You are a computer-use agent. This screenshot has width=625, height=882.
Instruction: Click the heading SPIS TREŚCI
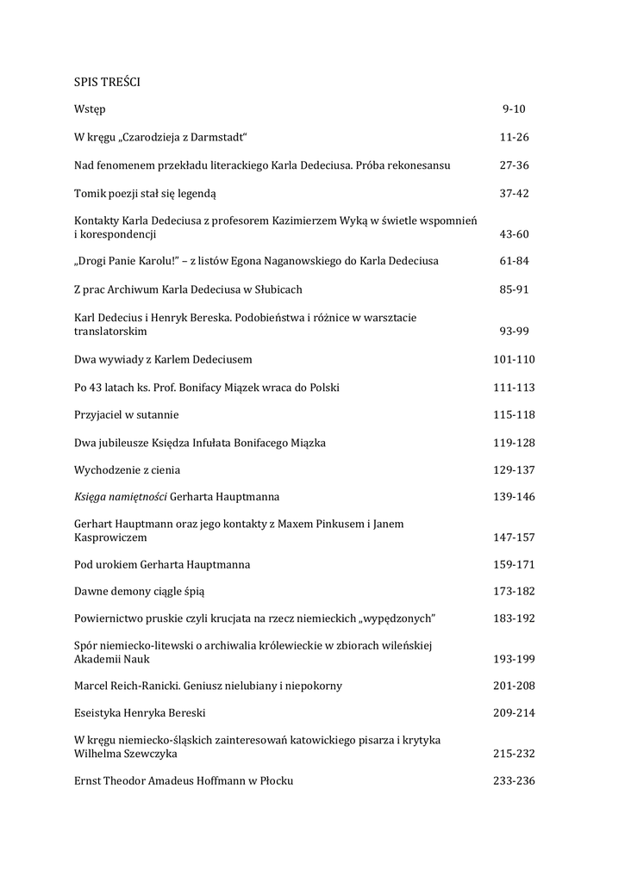click(x=107, y=82)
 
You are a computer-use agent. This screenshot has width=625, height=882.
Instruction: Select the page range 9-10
click(x=514, y=109)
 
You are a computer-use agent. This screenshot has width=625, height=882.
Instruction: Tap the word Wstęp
click(x=90, y=109)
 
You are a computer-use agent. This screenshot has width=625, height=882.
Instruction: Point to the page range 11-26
click(x=514, y=137)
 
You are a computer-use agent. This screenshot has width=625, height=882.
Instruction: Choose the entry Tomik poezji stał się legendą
click(x=145, y=193)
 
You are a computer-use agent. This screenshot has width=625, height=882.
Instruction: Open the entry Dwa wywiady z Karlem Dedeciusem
click(x=163, y=358)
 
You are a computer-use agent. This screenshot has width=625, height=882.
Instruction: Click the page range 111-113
click(x=514, y=387)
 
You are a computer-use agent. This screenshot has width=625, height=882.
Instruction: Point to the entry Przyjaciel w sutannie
click(x=127, y=414)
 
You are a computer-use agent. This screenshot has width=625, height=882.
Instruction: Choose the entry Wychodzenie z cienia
click(x=127, y=469)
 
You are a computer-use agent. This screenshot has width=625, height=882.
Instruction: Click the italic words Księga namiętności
click(x=121, y=497)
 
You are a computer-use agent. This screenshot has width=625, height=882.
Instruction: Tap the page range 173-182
click(x=514, y=592)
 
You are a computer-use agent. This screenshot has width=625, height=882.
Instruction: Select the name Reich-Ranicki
click(x=149, y=686)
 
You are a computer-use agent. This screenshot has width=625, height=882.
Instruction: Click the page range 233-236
click(x=514, y=780)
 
